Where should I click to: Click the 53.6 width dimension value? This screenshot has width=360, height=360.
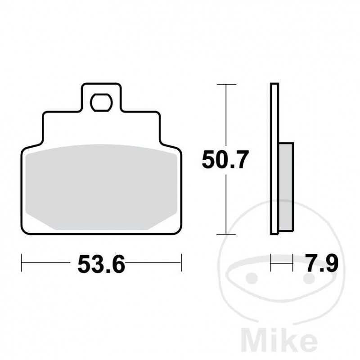pos(101,264)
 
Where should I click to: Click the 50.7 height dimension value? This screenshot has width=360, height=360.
pos(225,160)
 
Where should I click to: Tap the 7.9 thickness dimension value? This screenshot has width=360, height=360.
pos(321,263)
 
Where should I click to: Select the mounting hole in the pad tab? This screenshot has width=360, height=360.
pos(101,103)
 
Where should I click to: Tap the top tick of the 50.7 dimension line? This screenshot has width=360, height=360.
pos(225,84)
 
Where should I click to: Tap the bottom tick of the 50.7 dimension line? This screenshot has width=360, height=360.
pos(225,234)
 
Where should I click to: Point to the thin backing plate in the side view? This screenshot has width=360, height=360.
pos(274,157)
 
